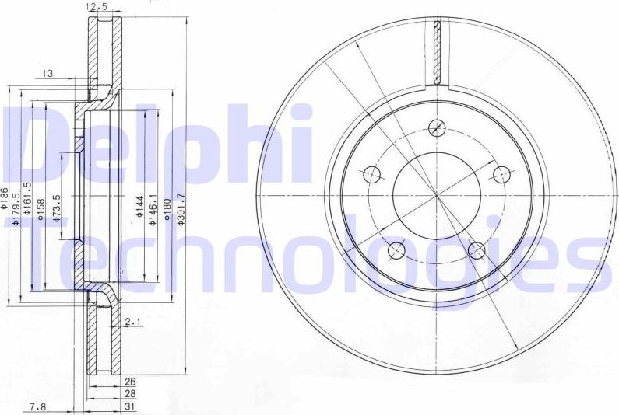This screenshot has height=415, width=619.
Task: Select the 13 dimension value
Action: pyautogui.click(x=47, y=73)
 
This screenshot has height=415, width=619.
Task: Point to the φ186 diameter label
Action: pyautogui.click(x=5, y=201)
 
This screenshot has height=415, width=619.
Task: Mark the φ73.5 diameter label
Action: pyautogui.click(x=56, y=207)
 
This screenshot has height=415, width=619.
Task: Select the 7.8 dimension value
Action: pyautogui.click(x=37, y=406)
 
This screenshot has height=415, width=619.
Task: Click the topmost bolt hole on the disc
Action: pyautogui.click(x=438, y=127)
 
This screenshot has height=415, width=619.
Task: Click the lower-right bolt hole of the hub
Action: pyautogui.click(x=477, y=249)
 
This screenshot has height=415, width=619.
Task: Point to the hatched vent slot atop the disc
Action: pyautogui.click(x=437, y=54)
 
